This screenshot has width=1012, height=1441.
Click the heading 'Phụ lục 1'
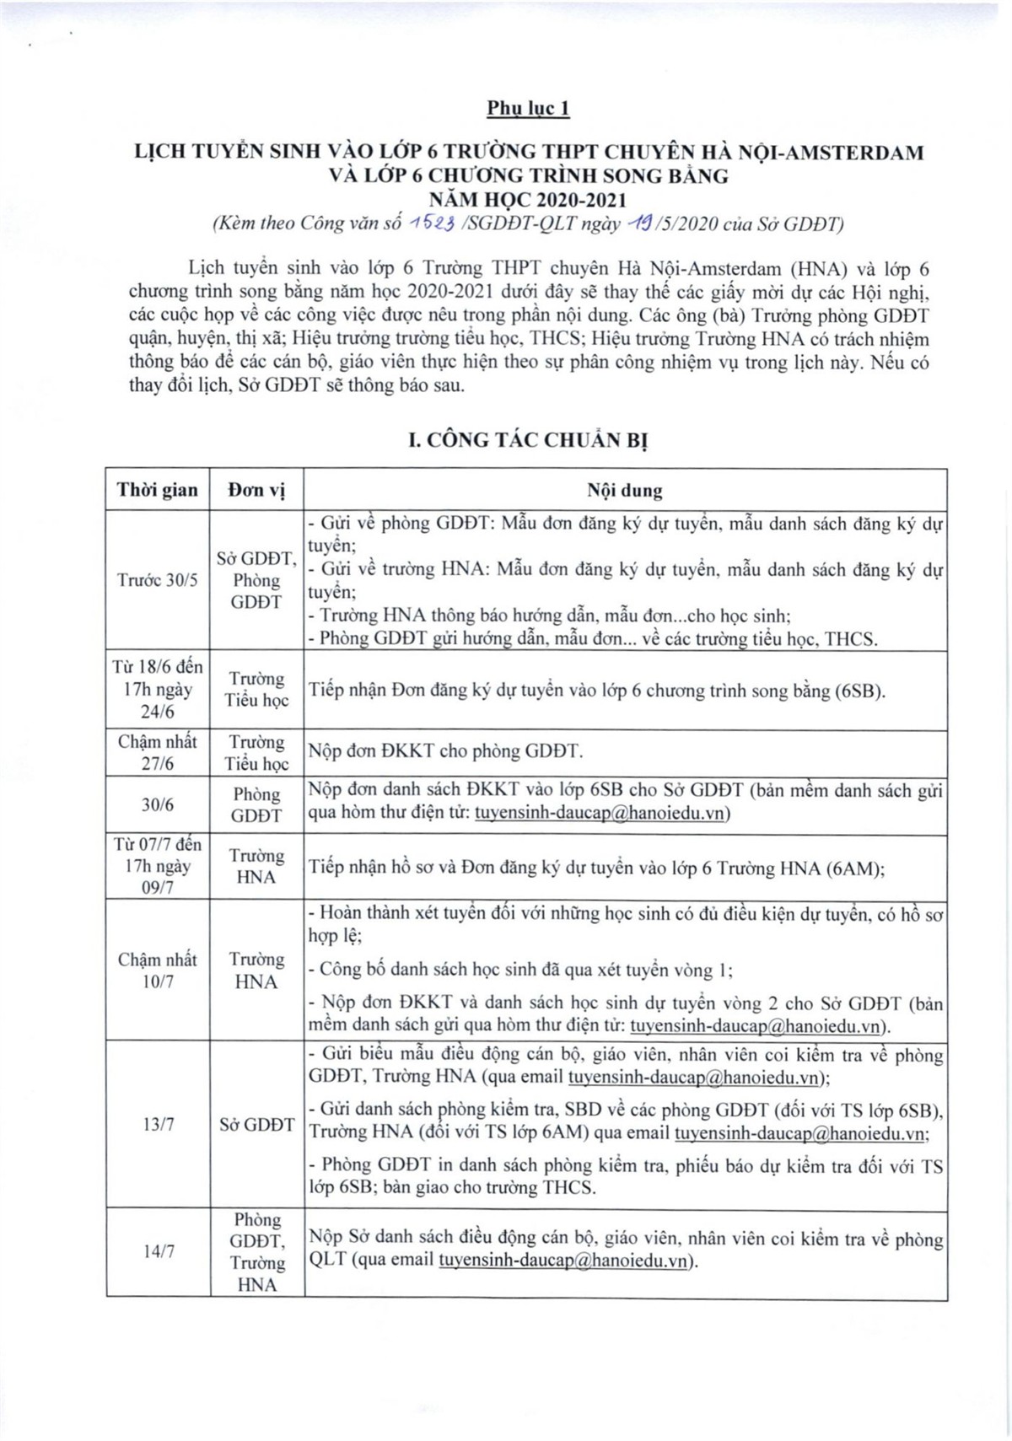coord(528,108)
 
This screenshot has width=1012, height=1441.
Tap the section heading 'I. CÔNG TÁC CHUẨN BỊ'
coord(528,441)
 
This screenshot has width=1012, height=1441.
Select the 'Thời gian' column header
coord(158,490)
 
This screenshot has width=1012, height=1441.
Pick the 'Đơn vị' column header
coord(256,490)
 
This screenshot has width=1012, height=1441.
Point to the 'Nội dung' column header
coord(624,490)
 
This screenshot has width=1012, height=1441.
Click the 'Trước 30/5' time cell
coord(158,581)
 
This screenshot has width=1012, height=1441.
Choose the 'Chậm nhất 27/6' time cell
coord(158,752)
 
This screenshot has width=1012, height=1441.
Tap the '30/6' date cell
coord(158,804)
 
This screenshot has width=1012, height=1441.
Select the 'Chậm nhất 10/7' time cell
coord(158,970)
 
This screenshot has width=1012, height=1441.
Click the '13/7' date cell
coord(158,1124)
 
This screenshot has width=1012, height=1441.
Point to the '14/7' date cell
coord(158,1251)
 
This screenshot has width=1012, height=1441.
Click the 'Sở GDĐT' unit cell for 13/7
coord(256,1124)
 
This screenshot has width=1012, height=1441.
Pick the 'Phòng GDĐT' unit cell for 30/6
coord(256,804)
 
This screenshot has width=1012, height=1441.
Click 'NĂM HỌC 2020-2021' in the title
coord(528,200)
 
